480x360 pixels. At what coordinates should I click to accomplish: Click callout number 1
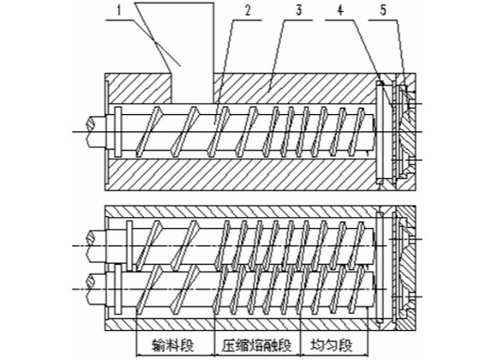(120, 11)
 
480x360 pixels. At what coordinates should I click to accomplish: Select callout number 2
(248, 11)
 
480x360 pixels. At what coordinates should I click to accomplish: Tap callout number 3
(299, 10)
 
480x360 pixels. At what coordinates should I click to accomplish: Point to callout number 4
(340, 10)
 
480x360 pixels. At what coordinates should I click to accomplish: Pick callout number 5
(383, 10)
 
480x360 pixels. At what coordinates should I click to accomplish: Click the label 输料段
(173, 345)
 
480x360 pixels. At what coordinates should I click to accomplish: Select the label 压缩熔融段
(257, 345)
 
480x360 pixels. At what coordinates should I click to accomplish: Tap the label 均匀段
(332, 345)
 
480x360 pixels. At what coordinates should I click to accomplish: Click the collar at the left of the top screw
(118, 132)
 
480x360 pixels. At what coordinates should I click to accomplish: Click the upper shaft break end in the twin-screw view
(91, 246)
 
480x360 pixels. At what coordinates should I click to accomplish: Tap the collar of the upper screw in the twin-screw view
(129, 246)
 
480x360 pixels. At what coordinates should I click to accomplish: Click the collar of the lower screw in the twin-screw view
(118, 290)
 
